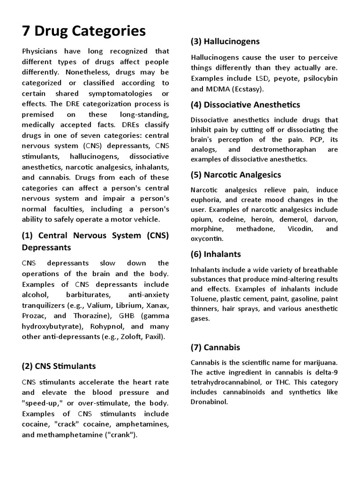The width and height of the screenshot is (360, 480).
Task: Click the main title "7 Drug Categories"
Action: click(x=84, y=31)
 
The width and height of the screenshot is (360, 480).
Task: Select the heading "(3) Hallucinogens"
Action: click(x=225, y=41)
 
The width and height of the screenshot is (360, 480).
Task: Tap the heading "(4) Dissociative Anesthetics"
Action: click(x=245, y=105)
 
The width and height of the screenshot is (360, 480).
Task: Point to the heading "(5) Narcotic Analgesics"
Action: click(x=236, y=174)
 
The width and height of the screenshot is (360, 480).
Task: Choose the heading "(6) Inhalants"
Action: click(x=216, y=254)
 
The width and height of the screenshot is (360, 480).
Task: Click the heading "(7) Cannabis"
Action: click(x=215, y=347)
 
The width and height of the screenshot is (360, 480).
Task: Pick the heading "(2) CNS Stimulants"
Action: click(x=59, y=366)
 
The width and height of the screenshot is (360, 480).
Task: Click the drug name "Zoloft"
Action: click(x=130, y=337)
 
